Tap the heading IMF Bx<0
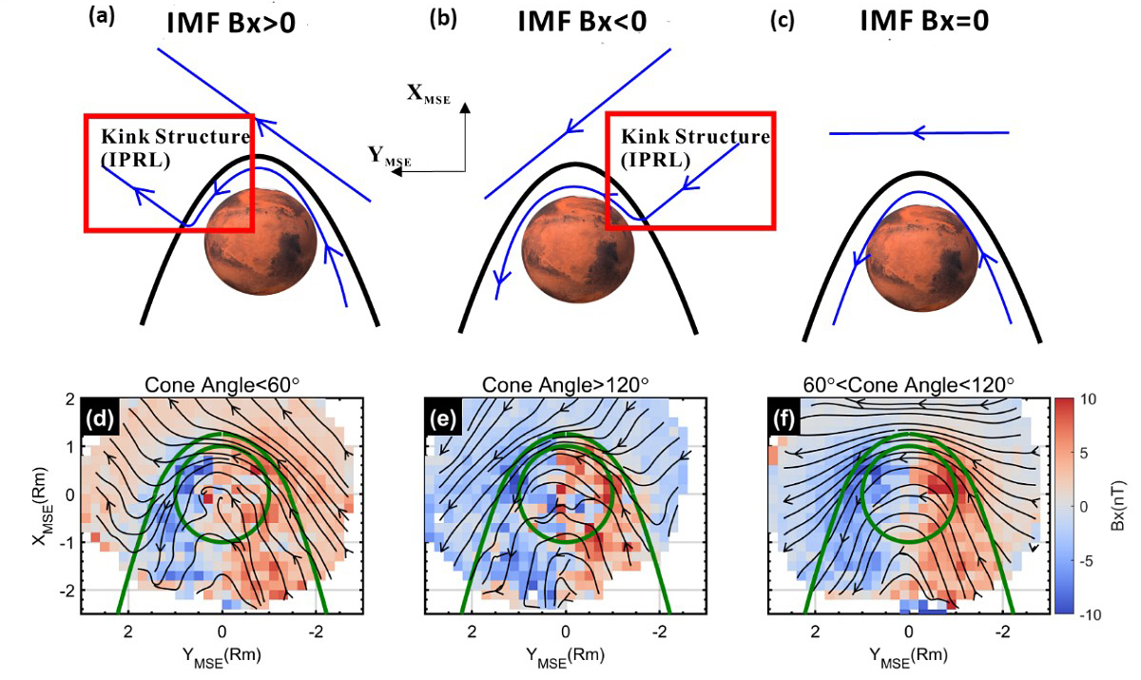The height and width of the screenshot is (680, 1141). click(582, 20)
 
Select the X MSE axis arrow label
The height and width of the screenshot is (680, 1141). click(428, 93)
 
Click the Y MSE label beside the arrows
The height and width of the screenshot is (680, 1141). click(389, 157)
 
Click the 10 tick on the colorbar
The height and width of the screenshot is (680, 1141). click(1074, 401)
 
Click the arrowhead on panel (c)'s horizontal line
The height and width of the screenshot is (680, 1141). click(919, 134)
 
